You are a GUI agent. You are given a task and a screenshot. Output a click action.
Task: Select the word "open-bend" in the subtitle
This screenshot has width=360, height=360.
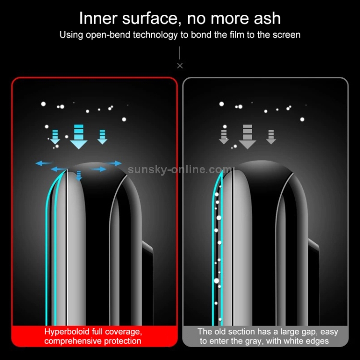(x=108, y=35)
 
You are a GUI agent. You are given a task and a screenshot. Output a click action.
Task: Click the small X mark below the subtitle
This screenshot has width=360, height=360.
(x=180, y=66)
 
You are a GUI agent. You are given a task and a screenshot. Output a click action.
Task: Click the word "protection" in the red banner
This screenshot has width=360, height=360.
(x=122, y=341)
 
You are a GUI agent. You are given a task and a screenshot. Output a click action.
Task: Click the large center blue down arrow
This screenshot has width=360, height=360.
(x=79, y=137)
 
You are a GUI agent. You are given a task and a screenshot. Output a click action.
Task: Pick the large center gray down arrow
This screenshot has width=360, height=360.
(x=247, y=137)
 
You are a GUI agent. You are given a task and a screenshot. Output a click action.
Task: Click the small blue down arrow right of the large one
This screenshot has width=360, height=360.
(x=102, y=137)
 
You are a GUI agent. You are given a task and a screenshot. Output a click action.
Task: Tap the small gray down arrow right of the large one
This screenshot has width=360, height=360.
(x=271, y=137)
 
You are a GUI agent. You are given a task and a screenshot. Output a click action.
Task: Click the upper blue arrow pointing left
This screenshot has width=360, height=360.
(x=44, y=164)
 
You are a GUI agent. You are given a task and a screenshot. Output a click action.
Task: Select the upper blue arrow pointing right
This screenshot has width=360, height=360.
(x=114, y=163)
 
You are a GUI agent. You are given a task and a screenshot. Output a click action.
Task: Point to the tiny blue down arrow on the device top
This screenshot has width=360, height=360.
(x=79, y=176)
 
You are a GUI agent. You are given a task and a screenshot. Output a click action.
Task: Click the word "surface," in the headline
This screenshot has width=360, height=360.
(x=152, y=18)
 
